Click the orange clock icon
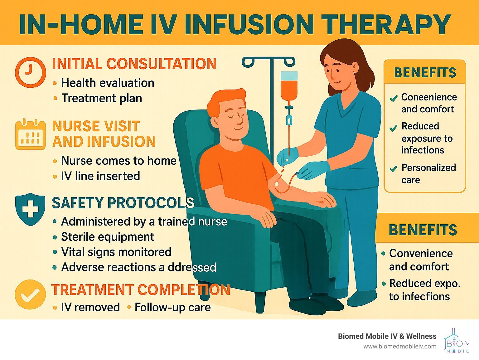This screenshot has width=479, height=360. coord(31,72)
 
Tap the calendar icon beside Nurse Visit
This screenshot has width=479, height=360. coord(31,134)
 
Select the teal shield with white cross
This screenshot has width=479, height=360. coord(30,209)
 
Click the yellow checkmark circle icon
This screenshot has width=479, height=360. coord(30,294)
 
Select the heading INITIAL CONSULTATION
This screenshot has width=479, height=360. coord(134,64)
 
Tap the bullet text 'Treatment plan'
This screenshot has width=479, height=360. coord(102,98)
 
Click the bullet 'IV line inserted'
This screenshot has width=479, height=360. coord(100,176)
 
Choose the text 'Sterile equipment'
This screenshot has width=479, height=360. coord(108,237)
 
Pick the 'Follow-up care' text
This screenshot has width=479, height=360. coord(173,307)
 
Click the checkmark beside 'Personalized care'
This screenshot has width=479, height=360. coord(393,169)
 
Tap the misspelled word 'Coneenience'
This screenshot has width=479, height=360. coord(429,97)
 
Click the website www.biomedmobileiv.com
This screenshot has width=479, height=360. coord(400,347)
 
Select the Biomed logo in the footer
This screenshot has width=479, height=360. coord(457,343)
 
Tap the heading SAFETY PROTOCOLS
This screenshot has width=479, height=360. coord(123,203)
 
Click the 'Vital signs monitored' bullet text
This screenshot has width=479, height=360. coord(116,252)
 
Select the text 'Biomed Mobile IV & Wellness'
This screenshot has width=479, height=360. coord(387,336)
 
